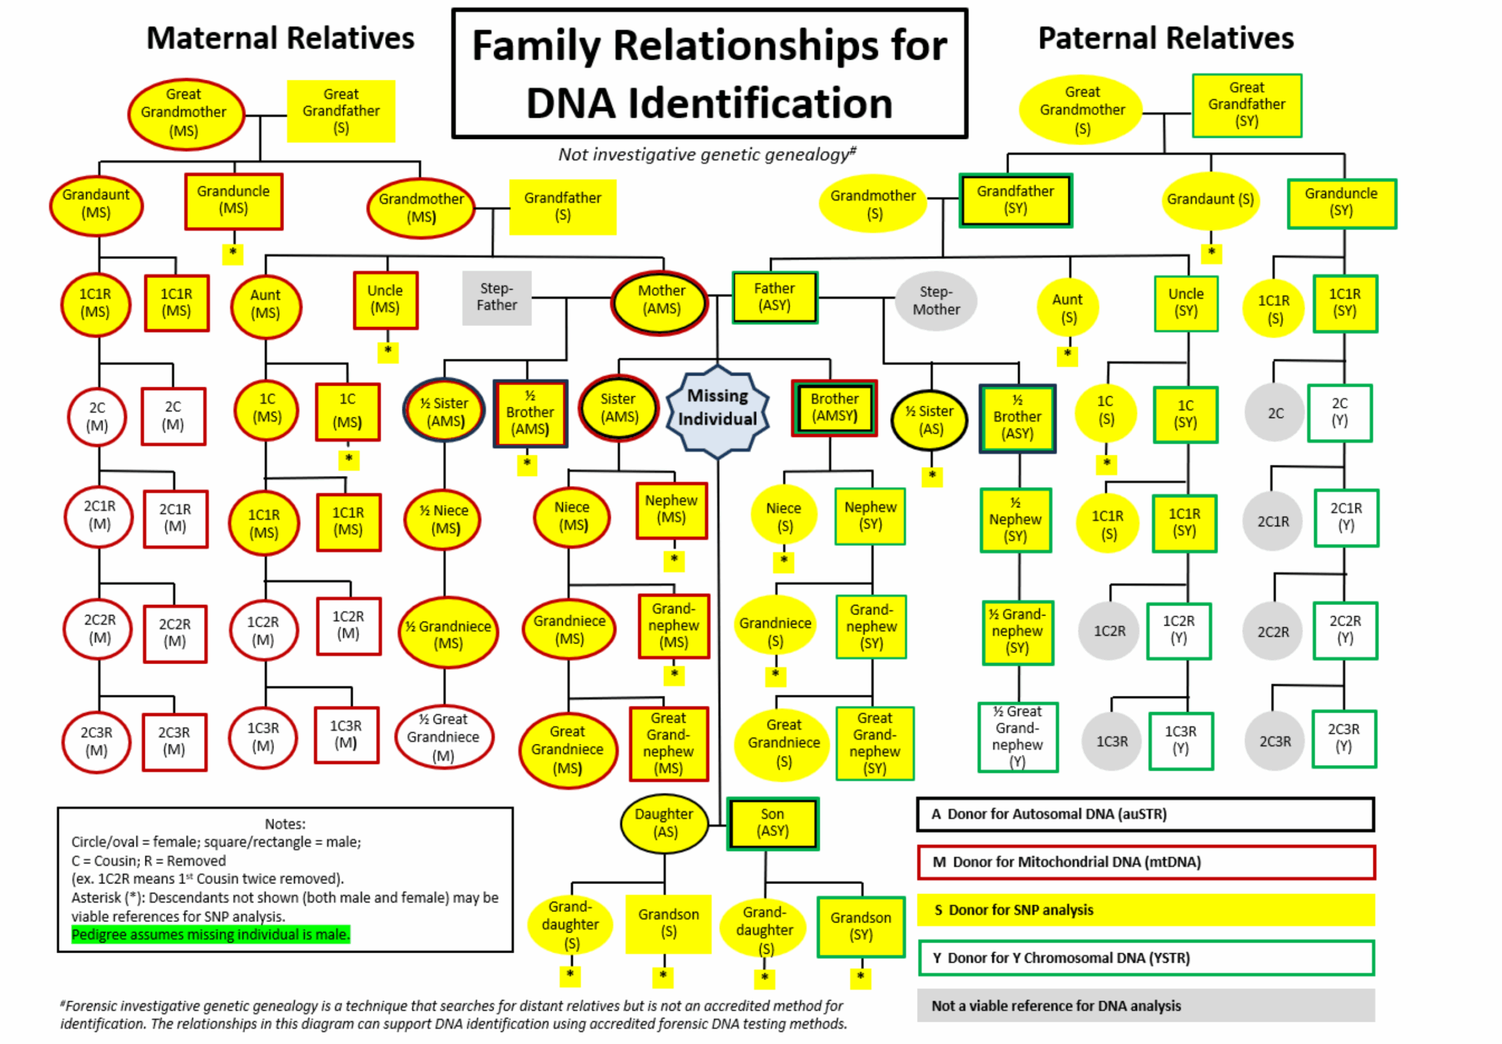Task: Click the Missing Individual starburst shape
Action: tap(717, 408)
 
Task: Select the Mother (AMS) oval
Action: tap(661, 301)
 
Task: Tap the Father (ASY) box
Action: tap(774, 297)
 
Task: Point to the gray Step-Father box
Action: tap(496, 297)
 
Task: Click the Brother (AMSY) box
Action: tap(834, 408)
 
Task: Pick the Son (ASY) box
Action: tap(773, 823)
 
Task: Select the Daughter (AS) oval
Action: tap(664, 823)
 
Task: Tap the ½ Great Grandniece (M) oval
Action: tap(444, 737)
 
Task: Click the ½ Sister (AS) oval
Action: tap(929, 420)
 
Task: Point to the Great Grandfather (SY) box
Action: tap(1246, 104)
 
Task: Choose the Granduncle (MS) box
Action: tap(234, 200)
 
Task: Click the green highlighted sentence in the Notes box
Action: tap(210, 935)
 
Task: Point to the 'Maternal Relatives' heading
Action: tap(280, 38)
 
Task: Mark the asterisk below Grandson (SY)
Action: tap(860, 977)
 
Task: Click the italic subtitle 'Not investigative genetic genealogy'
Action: tap(706, 155)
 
